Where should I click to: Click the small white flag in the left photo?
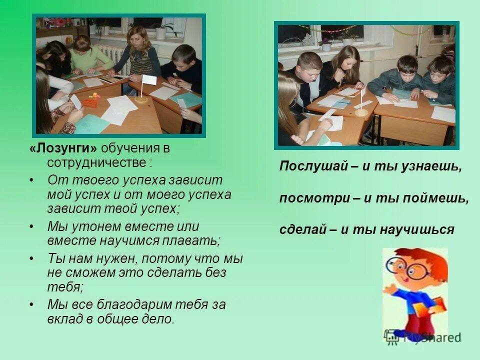[148, 80]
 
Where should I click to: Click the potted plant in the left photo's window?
[160, 31]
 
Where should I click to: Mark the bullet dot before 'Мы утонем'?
[32, 226]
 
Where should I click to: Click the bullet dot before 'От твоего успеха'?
[32, 180]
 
